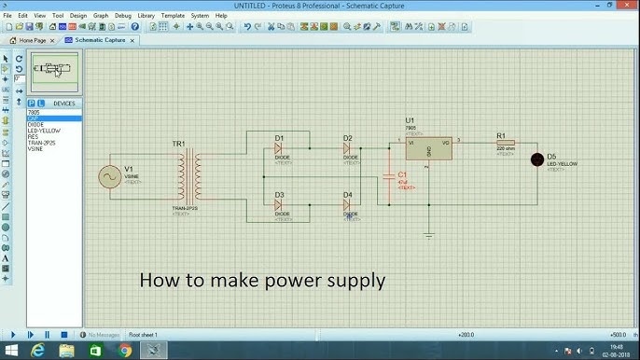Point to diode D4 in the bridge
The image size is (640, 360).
[x=347, y=204]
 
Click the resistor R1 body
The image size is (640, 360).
[x=505, y=143]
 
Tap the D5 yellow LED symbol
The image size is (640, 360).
[x=537, y=159]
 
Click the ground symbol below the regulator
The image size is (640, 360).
[x=428, y=234]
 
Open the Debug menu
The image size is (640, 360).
[x=123, y=16]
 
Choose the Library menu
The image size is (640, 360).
[x=146, y=16]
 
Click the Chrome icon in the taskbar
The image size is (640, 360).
[x=125, y=351]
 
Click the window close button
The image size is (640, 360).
[x=627, y=5]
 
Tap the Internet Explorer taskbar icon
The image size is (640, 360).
[x=39, y=351]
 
